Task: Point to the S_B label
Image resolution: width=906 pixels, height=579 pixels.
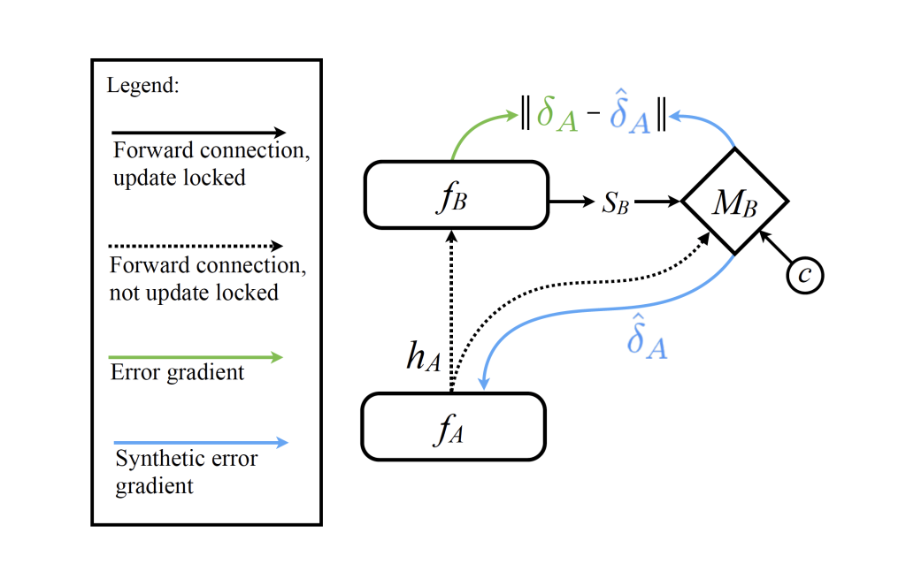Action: (615, 203)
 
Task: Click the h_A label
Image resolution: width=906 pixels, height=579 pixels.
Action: (424, 356)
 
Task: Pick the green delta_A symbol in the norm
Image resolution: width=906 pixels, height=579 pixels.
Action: (557, 114)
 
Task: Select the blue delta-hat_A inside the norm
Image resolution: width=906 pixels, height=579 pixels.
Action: (630, 112)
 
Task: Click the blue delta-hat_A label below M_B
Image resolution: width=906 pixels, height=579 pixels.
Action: (647, 337)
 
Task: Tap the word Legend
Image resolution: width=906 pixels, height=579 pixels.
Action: (142, 86)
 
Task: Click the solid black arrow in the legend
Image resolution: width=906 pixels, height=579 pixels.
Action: (198, 133)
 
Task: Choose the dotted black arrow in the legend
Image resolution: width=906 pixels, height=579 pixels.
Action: (196, 246)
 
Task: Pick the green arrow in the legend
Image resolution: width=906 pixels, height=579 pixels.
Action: (196, 357)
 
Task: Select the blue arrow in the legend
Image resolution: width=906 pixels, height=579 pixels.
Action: (201, 443)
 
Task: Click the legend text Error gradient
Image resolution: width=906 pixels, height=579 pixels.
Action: (177, 373)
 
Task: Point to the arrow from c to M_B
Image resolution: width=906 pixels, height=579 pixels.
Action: (775, 247)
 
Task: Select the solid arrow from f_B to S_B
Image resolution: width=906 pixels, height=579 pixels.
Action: (572, 202)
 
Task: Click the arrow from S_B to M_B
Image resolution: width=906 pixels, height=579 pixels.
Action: (657, 202)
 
